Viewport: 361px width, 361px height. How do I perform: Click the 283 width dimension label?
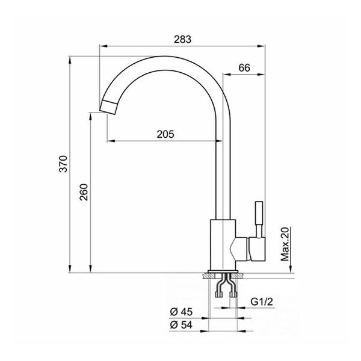pos(182,39)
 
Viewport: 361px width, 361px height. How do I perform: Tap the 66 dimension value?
pos(244,67)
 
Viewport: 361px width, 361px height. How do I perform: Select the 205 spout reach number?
pos(165,134)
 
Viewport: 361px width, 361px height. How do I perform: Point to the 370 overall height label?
pos(63,164)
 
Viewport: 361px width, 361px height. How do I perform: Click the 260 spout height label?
pos(84,193)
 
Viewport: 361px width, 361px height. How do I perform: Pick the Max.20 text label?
pos(285,244)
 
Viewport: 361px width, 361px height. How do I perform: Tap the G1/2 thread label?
pos(262,301)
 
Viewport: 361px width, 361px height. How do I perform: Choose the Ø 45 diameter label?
pos(181,312)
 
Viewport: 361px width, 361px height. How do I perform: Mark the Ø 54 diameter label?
pos(181,325)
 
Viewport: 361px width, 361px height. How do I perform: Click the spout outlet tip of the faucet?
pos(108,107)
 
